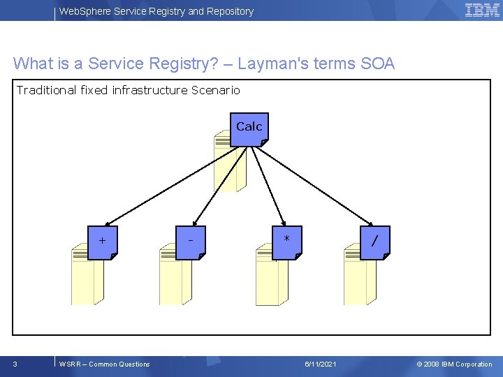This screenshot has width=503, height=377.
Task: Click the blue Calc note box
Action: [x=249, y=129]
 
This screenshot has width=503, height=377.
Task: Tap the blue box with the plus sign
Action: [x=103, y=242]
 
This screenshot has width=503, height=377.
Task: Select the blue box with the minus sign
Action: [x=191, y=242]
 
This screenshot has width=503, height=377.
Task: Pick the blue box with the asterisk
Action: [x=286, y=242]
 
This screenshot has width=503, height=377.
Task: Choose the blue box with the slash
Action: [x=375, y=242]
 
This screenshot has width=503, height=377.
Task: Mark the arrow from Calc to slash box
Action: [x=314, y=186]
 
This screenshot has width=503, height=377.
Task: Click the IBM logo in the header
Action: [x=482, y=10]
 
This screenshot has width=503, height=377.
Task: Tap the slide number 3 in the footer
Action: [x=15, y=364]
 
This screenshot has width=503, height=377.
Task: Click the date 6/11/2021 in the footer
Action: [x=321, y=364]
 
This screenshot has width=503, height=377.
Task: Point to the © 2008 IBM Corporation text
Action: [x=454, y=364]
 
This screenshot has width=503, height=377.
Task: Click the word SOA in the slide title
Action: [x=377, y=64]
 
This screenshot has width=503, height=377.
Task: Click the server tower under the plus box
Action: [x=86, y=279]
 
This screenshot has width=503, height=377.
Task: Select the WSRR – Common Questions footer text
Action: [x=105, y=364]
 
